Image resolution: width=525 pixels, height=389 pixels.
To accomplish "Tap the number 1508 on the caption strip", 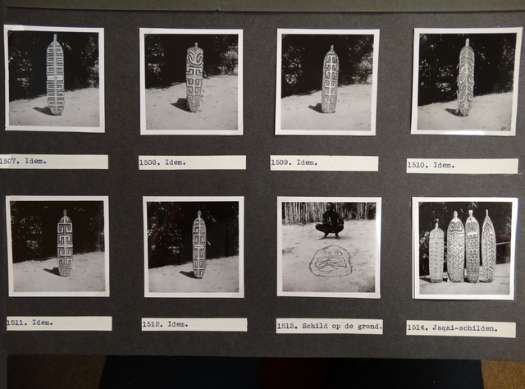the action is click(148, 162).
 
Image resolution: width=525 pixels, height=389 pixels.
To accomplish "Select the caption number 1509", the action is click(280, 162).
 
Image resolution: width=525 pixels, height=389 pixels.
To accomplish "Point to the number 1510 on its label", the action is click(417, 165).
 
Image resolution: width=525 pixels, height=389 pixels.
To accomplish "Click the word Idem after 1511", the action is click(43, 323).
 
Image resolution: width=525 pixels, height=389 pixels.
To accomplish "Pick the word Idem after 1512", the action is click(178, 324).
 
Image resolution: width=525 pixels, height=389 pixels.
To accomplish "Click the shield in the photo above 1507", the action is click(55, 75).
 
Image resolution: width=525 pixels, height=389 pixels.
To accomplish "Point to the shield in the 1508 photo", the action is click(194, 77).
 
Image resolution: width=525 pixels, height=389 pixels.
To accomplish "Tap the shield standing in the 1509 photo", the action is click(330, 79).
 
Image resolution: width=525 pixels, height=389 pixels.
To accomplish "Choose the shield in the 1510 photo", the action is click(466, 77).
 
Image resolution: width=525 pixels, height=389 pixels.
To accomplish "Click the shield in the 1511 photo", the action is click(65, 243).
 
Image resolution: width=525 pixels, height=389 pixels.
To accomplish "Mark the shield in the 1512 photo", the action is click(199, 245).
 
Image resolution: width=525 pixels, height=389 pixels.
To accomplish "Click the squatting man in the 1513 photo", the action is click(330, 221).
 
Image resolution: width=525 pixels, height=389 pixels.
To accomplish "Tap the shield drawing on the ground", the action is click(331, 260).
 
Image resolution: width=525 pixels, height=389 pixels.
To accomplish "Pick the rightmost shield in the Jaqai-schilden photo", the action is click(489, 246).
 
